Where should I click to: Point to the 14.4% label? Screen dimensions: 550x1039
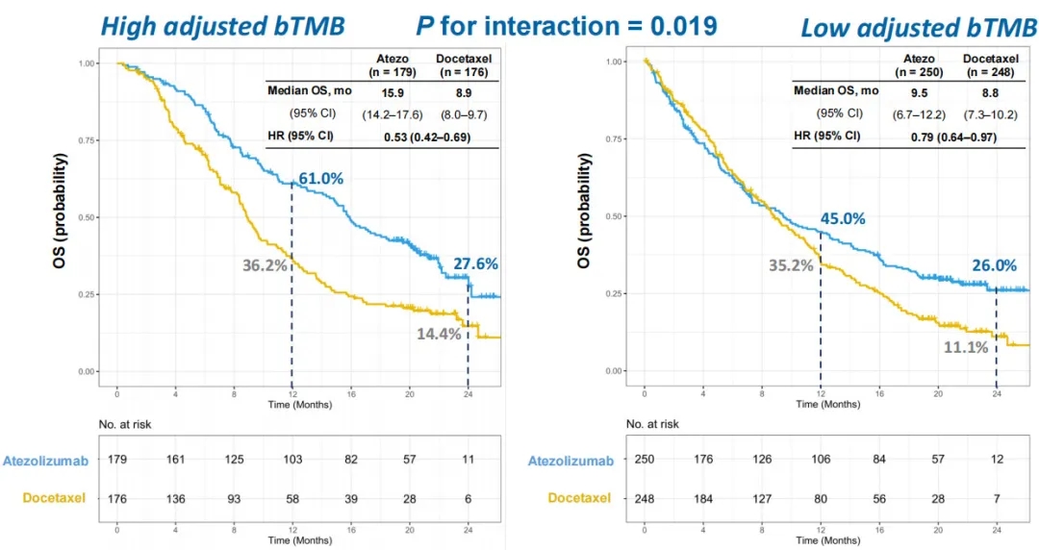click(439, 334)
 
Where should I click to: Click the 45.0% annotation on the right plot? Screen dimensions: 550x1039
click(843, 218)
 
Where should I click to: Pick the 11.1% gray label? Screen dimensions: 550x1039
click(965, 347)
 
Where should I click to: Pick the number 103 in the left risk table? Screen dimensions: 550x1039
click(292, 462)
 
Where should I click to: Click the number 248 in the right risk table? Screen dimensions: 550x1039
click(645, 497)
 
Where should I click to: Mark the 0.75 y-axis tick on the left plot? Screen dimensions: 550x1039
click(87, 140)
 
